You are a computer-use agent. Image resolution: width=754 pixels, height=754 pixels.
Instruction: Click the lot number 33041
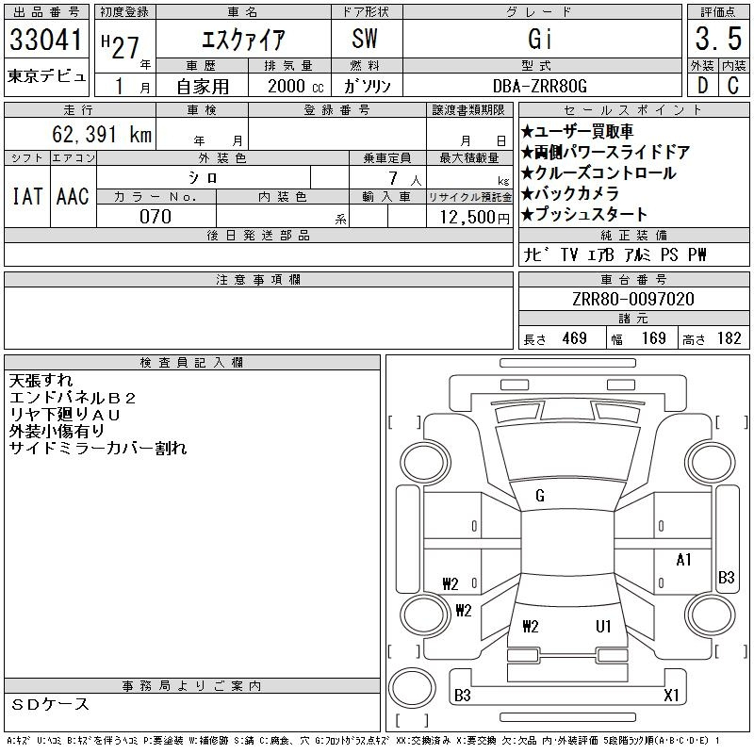45,39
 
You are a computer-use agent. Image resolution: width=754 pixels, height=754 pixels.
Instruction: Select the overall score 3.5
718,39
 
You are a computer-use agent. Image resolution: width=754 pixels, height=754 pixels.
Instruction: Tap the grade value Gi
539,39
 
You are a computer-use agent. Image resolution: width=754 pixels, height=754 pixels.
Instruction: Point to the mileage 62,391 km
102,134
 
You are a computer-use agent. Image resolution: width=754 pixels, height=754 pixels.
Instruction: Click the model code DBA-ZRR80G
540,86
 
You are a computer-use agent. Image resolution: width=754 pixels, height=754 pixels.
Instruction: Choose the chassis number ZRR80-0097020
633,299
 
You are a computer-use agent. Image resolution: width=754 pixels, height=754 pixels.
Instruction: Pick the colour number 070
156,217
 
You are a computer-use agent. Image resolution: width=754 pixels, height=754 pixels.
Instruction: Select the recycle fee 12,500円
475,218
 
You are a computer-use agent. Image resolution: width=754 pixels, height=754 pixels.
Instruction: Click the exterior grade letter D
702,86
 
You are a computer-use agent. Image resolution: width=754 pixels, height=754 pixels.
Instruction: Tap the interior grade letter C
733,86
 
